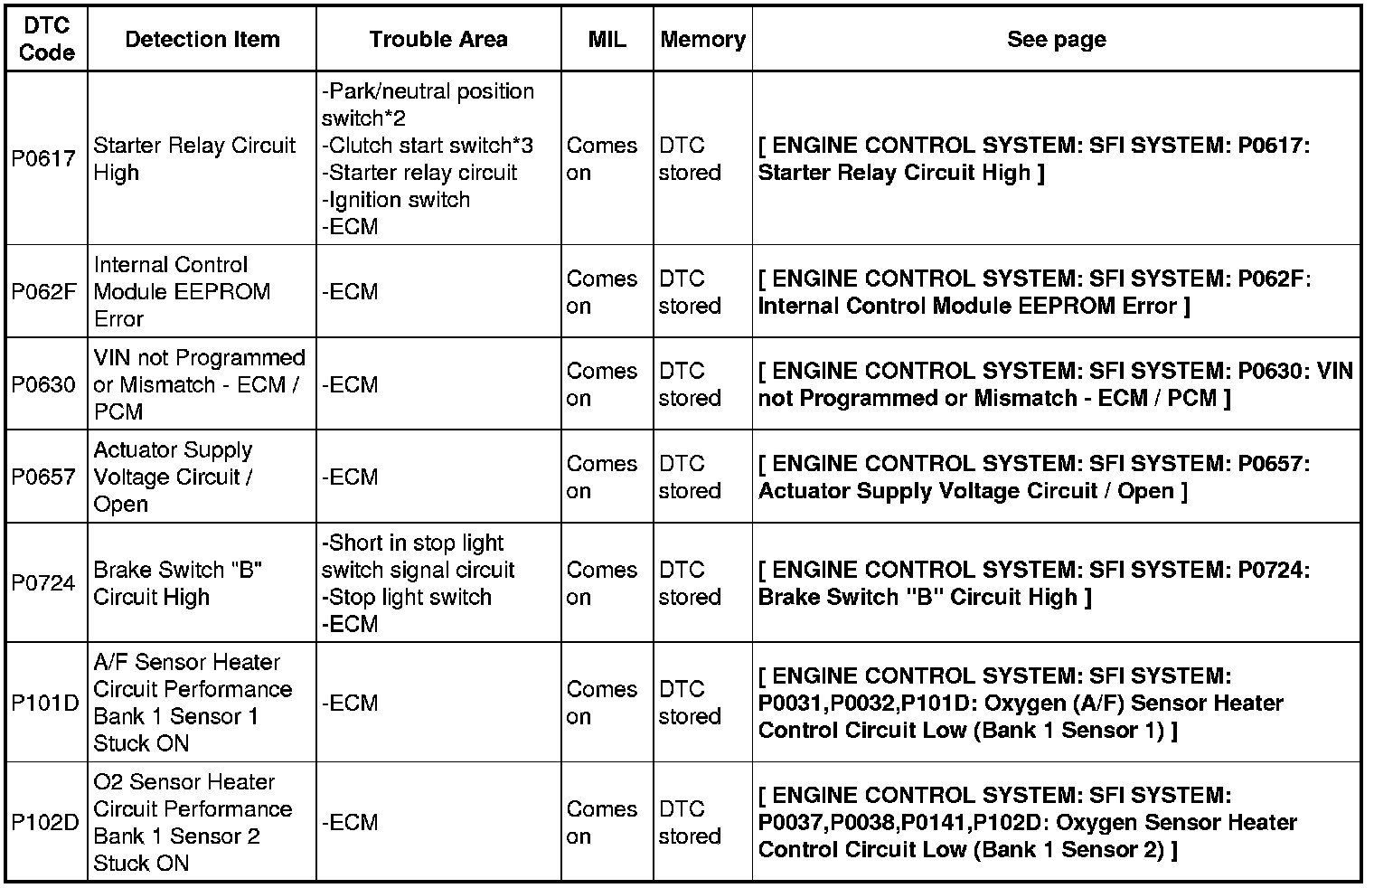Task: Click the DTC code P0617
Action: click(43, 159)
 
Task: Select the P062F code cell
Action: click(43, 292)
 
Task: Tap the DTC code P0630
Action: click(43, 385)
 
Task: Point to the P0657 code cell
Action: click(43, 477)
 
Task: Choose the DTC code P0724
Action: click(43, 583)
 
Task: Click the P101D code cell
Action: click(45, 703)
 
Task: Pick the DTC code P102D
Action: click(45, 822)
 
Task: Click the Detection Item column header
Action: click(202, 40)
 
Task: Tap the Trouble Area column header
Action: click(438, 40)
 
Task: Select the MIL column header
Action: click(607, 40)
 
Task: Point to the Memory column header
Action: click(702, 40)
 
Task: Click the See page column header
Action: click(1056, 40)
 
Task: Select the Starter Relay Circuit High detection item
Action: click(194, 159)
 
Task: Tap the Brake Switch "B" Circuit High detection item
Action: click(178, 583)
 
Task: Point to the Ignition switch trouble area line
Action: click(396, 200)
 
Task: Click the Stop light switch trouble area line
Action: click(407, 598)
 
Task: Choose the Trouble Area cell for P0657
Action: click(350, 477)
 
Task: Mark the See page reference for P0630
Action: click(1055, 385)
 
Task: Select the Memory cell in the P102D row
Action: click(690, 822)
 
